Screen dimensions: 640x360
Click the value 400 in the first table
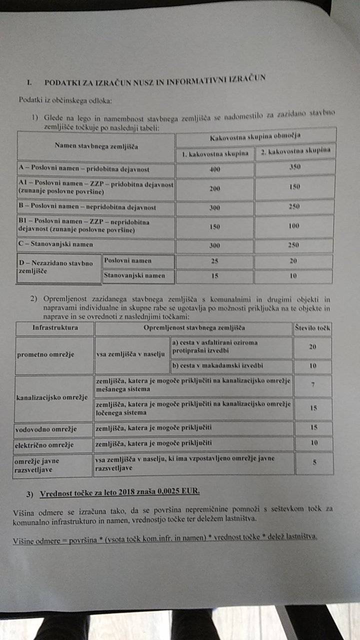point(214,169)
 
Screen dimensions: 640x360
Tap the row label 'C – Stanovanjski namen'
point(55,245)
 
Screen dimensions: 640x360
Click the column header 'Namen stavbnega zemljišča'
point(96,146)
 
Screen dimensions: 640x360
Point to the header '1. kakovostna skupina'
point(215,153)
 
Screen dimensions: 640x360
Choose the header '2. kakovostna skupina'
point(294,151)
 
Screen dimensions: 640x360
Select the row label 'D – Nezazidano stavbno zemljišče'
point(55,267)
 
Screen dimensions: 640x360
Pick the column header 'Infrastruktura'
point(55,328)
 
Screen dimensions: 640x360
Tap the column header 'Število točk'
point(313,328)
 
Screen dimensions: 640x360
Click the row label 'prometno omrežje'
point(45,354)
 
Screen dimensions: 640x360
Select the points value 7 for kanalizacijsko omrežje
point(313,385)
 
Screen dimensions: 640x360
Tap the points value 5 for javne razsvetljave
point(314,462)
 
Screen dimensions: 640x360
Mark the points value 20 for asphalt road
point(313,346)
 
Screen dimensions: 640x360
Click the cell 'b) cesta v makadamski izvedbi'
point(217,365)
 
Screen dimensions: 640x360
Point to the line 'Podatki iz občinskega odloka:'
point(65,100)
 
